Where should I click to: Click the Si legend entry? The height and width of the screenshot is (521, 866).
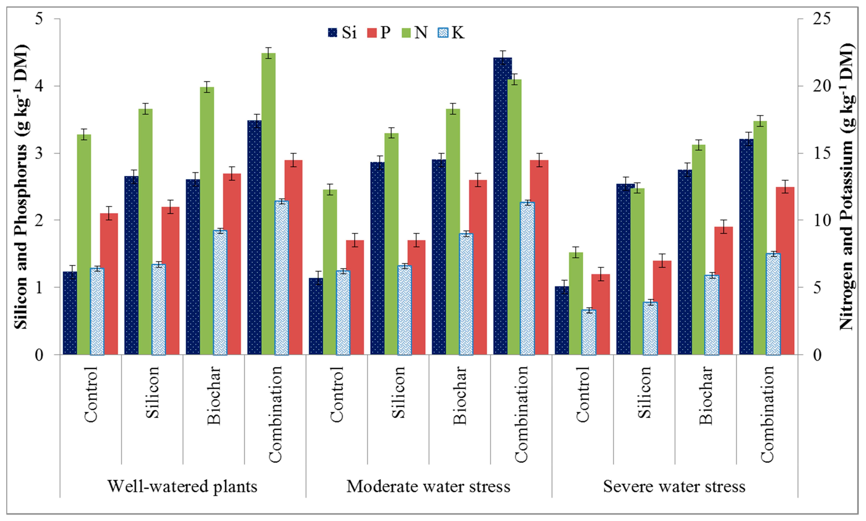click(x=342, y=33)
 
